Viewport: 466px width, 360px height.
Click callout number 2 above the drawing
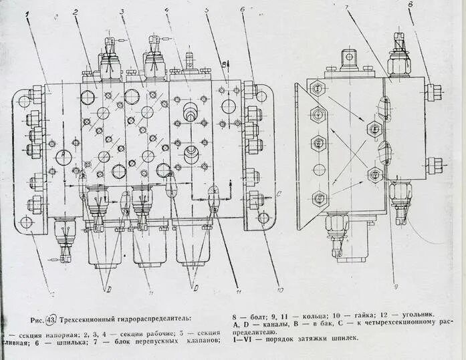click(x=76, y=12)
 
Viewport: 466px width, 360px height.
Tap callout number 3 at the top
click(x=122, y=11)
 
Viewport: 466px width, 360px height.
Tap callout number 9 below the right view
click(x=396, y=287)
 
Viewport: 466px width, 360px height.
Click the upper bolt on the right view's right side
click(x=433, y=92)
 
